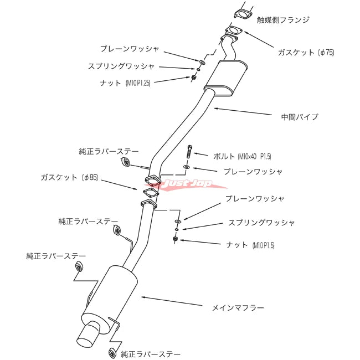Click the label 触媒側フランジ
coord(283,20)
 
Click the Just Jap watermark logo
coord(186,183)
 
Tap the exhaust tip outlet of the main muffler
coord(88,334)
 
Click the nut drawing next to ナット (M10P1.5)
coord(176,239)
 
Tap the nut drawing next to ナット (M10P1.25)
coord(194,78)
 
